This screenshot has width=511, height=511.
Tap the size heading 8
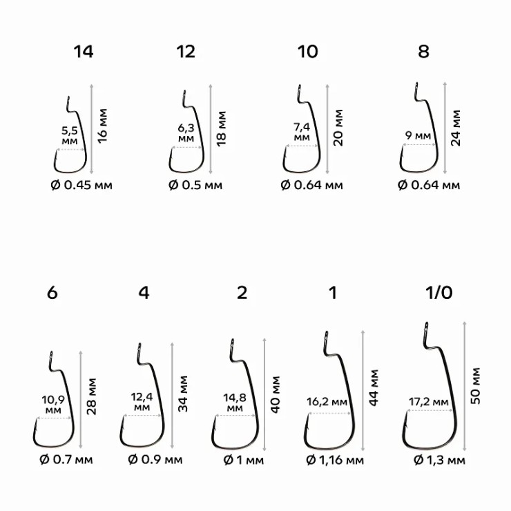[423, 52]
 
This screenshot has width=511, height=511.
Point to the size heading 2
[242, 292]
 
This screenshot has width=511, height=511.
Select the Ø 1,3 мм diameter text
[439, 460]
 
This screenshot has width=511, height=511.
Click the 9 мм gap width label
[418, 136]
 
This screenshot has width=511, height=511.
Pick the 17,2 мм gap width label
[429, 401]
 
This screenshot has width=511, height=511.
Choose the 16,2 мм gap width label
[328, 401]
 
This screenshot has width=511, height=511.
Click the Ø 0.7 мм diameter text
[64, 460]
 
